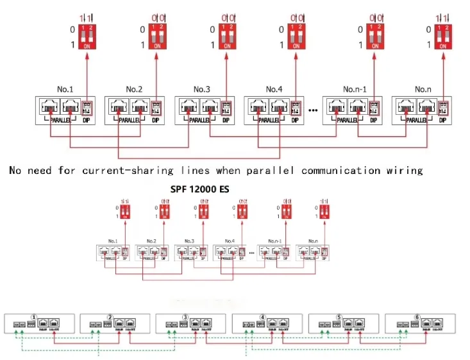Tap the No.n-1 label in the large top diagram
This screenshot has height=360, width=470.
point(355,89)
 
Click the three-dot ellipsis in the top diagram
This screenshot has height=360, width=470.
point(314,110)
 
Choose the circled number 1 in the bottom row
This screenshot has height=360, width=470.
point(34,316)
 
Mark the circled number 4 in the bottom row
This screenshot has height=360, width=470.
point(263,316)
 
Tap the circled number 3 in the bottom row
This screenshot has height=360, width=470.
point(185,316)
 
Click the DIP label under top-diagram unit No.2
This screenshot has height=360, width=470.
point(156,120)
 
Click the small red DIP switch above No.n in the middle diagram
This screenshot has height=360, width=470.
point(324,211)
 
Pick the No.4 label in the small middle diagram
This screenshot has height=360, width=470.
point(228,241)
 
